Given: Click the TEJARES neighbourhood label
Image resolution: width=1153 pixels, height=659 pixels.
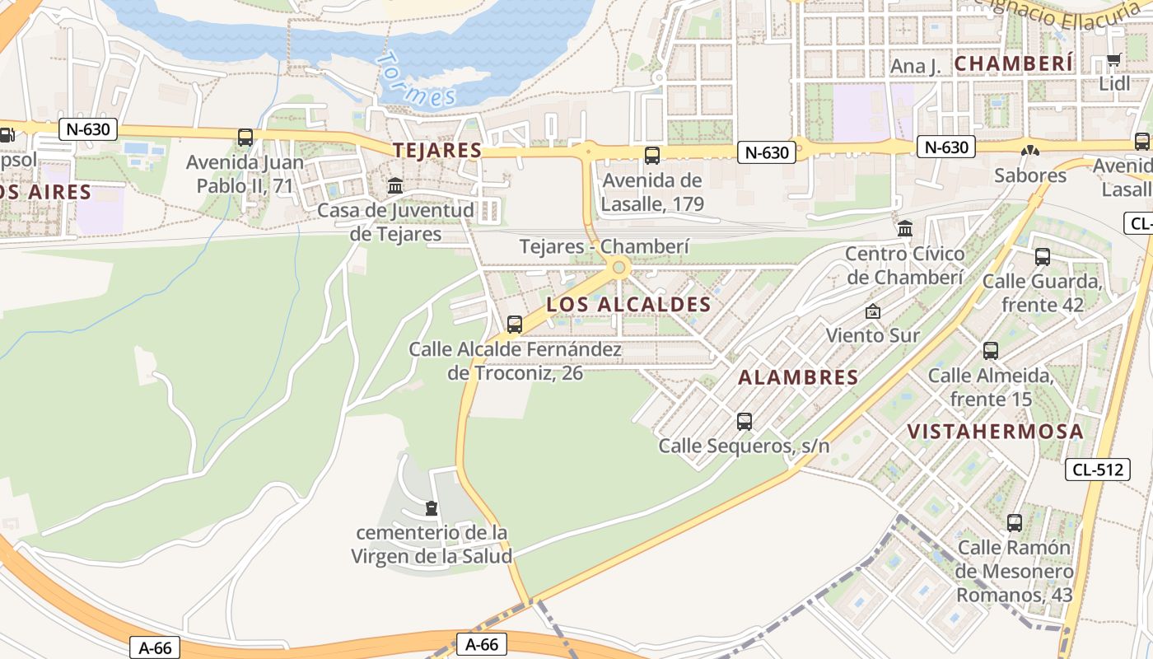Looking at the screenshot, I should coord(437,150).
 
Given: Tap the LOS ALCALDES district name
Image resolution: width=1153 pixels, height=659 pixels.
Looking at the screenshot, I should coord(628,305).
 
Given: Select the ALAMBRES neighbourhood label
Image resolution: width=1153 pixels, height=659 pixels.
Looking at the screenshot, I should coord(798,377).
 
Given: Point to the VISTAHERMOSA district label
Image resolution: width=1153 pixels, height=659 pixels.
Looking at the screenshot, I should coord(995,432).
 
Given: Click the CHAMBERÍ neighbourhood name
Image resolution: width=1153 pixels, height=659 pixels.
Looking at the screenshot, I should coord(1014,63).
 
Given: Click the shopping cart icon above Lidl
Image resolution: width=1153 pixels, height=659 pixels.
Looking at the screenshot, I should coord(1113,60).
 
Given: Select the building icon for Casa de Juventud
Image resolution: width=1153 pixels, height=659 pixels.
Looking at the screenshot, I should coord(395,185).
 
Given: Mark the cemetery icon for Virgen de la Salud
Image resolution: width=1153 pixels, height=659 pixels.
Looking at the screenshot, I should coord(432,507).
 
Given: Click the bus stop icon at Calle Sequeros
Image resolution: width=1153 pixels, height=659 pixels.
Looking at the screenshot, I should coord(745,422).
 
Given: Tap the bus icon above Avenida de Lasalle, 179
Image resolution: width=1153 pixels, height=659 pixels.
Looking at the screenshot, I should coord(652,155).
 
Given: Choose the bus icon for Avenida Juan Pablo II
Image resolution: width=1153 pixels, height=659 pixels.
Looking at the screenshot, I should coord(245,138).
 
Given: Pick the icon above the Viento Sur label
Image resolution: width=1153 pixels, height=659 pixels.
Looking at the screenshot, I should coord(873,311).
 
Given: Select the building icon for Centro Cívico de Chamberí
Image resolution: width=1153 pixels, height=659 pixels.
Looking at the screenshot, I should coord(905,228).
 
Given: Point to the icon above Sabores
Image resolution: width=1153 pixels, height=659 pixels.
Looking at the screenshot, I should coord(1029,151).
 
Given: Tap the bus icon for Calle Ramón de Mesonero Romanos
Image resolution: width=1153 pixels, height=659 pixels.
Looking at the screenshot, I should coord(1015,522).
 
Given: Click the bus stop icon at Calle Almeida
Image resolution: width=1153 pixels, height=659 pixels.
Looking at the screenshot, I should coord(991,351).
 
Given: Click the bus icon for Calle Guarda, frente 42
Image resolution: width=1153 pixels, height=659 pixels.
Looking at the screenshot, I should coord(1043,256).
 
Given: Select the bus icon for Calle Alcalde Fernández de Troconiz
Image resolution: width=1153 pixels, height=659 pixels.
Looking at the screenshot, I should coord(515,325).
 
